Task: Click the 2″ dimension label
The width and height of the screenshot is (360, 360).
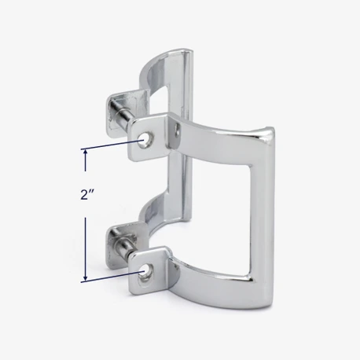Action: click(x=87, y=195)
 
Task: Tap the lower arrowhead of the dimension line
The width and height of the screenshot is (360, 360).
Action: click(x=85, y=277)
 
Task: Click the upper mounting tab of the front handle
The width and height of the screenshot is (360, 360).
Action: click(x=147, y=137)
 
